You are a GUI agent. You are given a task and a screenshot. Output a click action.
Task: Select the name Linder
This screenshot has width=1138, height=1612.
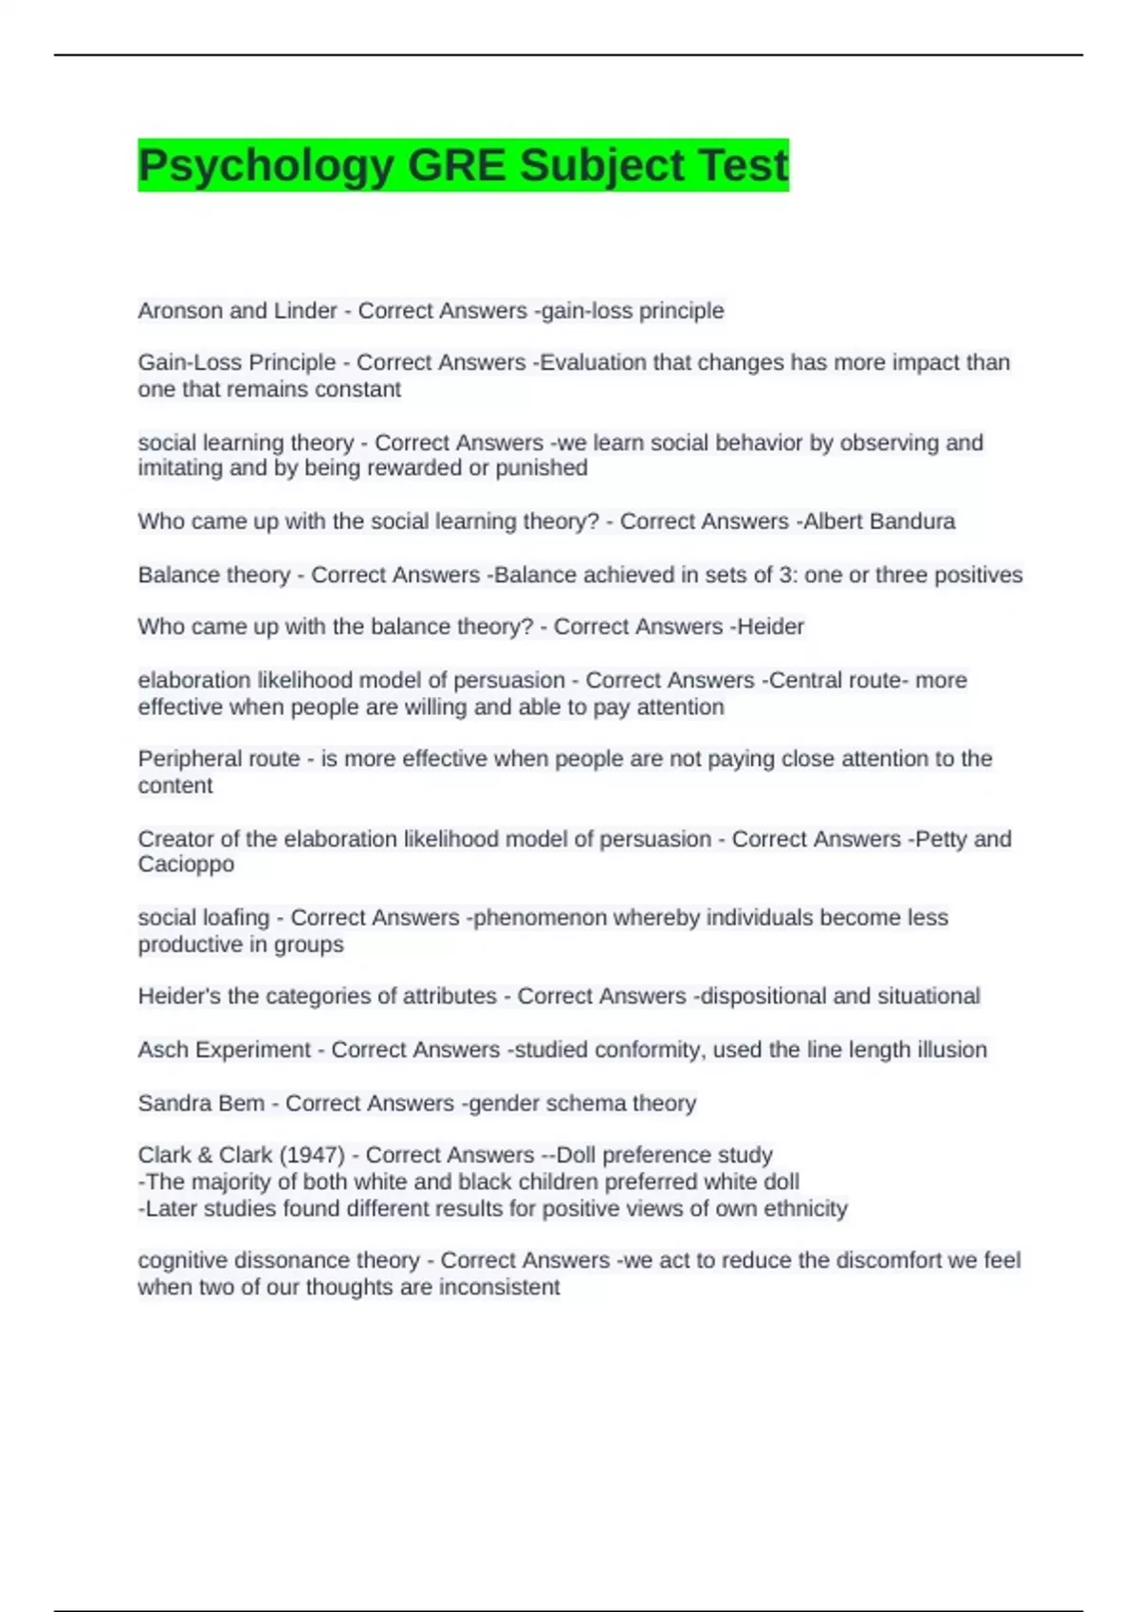pyautogui.click(x=305, y=311)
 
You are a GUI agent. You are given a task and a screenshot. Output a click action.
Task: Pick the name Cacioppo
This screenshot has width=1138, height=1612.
pyautogui.click(x=186, y=865)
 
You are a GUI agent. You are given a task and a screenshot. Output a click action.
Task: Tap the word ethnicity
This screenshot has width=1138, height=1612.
pyautogui.click(x=803, y=1209)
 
